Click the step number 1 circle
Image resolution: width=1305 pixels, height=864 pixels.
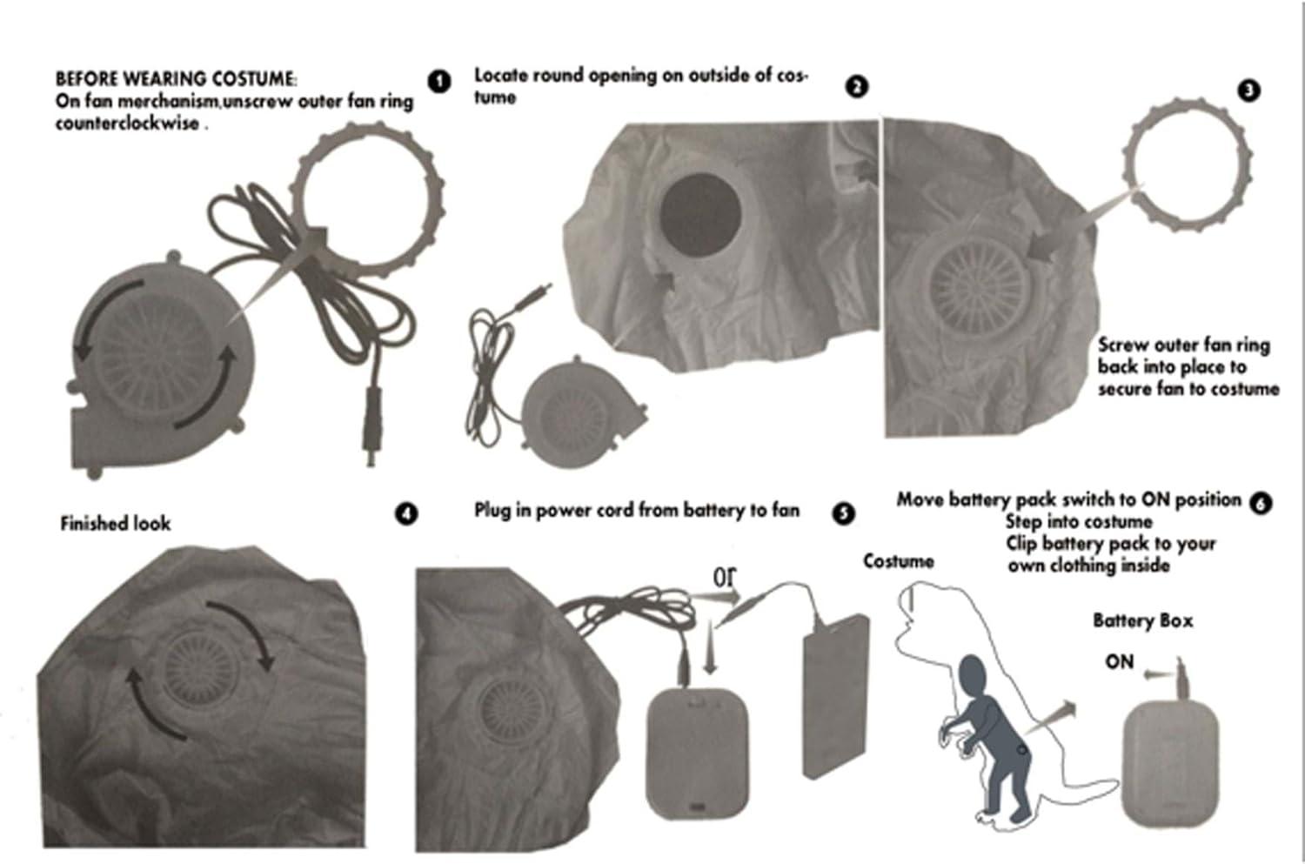click(x=439, y=82)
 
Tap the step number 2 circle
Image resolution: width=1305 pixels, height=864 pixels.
click(x=856, y=87)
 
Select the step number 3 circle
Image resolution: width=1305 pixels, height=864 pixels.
click(x=1248, y=90)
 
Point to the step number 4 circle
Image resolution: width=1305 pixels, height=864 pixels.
click(x=406, y=514)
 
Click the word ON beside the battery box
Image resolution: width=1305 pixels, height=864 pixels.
click(x=1119, y=662)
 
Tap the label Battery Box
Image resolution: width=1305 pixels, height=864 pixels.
click(x=1142, y=621)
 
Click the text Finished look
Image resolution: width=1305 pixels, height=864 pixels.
click(x=116, y=524)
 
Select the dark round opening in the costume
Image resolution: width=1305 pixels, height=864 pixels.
click(x=700, y=215)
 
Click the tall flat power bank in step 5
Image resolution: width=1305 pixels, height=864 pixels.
click(x=835, y=696)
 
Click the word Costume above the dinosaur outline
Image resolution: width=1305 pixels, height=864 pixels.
click(x=899, y=561)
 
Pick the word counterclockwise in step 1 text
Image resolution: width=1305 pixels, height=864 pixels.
click(x=127, y=124)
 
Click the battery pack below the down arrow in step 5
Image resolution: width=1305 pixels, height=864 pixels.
click(x=698, y=753)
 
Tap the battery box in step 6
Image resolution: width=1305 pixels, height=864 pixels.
click(x=1170, y=765)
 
